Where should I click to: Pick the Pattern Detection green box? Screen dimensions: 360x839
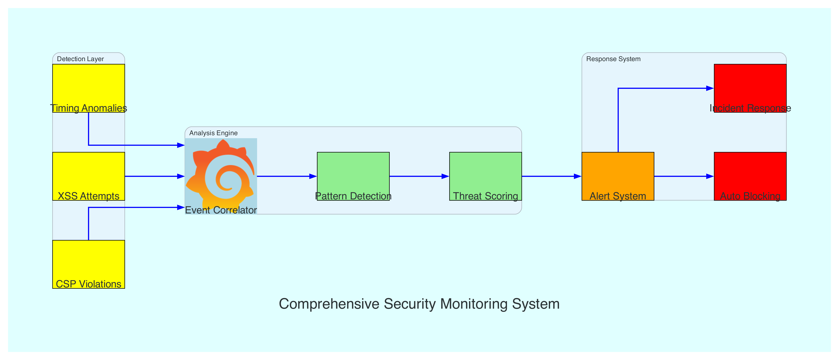tap(353, 176)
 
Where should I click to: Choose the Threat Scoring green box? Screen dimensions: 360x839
tap(485, 176)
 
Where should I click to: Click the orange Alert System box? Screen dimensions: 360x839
tap(618, 176)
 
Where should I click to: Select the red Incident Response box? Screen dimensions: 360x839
tap(750, 88)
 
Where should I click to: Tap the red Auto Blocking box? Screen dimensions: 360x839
tap(750, 176)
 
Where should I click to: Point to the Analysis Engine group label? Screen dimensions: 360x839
tap(213, 133)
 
